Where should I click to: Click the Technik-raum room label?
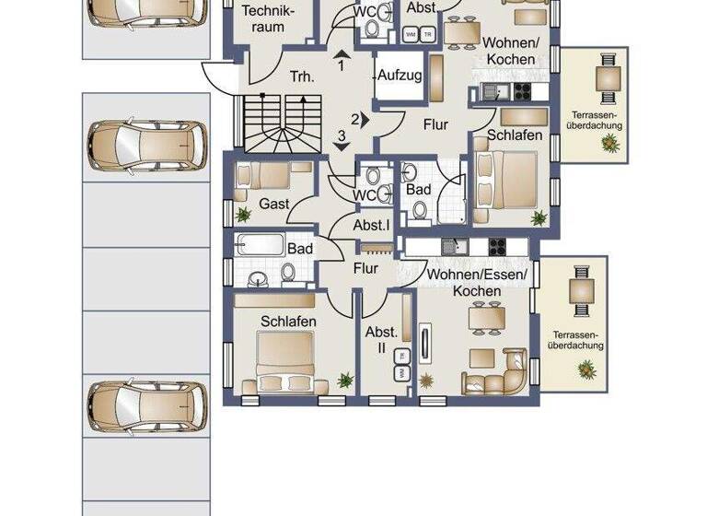click(270, 19)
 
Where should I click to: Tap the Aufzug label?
click(400, 75)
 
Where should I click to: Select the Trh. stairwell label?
click(302, 77)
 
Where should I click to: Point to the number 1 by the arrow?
click(341, 66)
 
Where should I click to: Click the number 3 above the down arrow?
click(341, 136)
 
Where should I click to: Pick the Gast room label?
click(274, 203)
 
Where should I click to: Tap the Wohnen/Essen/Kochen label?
click(477, 282)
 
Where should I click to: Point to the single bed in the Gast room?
click(261, 175)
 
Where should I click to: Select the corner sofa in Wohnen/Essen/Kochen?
click(501, 374)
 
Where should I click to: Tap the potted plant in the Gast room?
click(243, 215)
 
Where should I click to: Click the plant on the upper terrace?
click(608, 143)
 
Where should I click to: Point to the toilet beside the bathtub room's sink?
click(288, 272)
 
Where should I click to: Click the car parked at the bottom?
click(146, 406)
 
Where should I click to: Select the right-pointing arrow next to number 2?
click(365, 118)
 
